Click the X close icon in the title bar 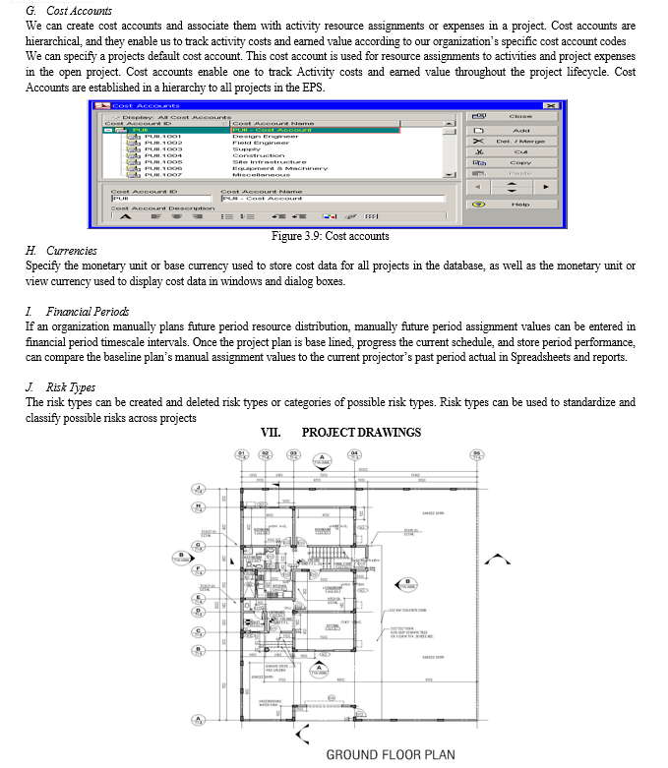[551, 105]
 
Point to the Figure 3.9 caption [330, 236]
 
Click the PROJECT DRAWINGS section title [361, 433]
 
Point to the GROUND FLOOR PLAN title [390, 754]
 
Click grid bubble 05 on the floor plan [477, 454]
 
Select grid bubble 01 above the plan [242, 454]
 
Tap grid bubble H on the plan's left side [199, 507]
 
